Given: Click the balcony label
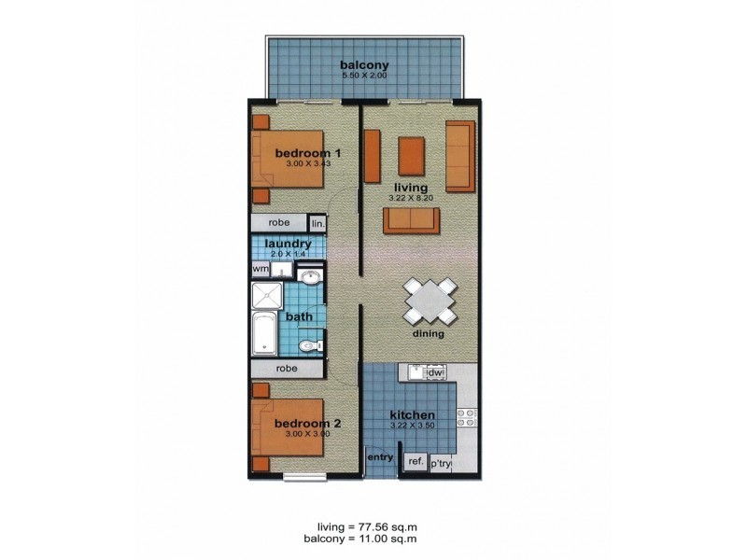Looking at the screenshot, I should [364, 65].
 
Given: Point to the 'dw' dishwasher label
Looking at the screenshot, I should [433, 373].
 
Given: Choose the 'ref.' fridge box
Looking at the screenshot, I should [415, 460].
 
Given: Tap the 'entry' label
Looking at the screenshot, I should [379, 456].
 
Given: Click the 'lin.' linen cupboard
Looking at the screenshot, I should [317, 224].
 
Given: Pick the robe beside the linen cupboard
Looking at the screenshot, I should [278, 224].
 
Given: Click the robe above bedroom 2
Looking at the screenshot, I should [286, 369].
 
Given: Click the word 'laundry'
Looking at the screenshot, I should [288, 244].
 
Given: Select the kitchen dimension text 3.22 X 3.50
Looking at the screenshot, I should [411, 427].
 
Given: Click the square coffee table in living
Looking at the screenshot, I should [412, 156].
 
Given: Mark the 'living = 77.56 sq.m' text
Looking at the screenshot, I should [364, 526].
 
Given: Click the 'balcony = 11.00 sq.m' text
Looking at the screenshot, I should [359, 539].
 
